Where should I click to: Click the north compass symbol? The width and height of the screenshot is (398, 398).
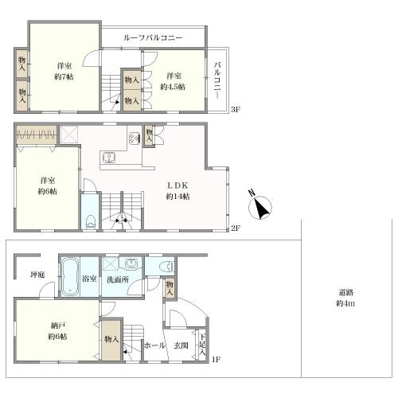tap(260, 207)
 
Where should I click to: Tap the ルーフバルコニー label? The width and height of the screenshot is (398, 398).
tap(153, 37)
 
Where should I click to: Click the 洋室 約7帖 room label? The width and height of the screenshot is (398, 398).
tap(64, 71)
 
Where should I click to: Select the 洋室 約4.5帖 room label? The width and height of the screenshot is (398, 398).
tap(173, 81)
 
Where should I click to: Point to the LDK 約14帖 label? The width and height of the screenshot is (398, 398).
tap(178, 191)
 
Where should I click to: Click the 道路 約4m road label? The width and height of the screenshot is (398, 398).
tap(345, 298)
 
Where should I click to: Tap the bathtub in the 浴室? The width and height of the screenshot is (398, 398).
tap(70, 277)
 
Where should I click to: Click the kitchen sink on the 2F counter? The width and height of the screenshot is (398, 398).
tap(107, 158)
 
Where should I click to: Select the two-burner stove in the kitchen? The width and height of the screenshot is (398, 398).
tap(134, 138)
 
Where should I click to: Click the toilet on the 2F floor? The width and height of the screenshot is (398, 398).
tap(92, 221)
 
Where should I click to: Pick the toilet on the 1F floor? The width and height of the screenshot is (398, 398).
tap(167, 266)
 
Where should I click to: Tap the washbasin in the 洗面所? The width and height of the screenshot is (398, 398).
tap(130, 263)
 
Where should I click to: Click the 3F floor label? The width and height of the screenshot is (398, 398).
tap(236, 110)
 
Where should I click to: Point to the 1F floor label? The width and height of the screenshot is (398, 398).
tap(217, 360)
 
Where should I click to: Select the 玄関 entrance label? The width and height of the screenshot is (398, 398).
tap(181, 345)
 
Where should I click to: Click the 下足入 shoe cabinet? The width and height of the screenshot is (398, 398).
tap(203, 345)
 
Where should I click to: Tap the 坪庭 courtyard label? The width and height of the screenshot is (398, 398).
tap(37, 275)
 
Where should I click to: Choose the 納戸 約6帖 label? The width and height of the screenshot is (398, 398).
tap(57, 331)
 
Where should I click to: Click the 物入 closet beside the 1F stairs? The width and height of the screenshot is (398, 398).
tap(112, 340)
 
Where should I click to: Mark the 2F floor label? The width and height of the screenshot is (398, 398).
tap(236, 228)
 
